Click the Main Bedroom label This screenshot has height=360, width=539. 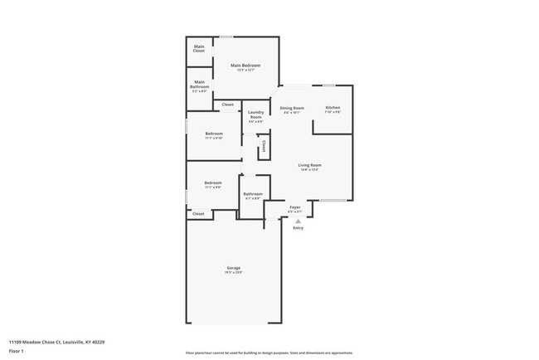[x=245, y=66]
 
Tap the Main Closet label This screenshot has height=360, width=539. [x=199, y=48]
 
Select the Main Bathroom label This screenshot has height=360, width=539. [x=200, y=85]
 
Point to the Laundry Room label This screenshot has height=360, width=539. [x=255, y=114]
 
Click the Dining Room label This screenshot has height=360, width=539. [x=292, y=109]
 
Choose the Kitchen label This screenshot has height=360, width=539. [x=333, y=109]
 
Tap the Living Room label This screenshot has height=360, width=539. [x=310, y=165]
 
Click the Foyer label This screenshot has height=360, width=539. [x=294, y=207]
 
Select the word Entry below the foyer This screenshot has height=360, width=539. [x=298, y=228]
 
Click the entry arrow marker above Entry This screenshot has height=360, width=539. [x=296, y=221]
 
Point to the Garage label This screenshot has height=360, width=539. [x=234, y=268]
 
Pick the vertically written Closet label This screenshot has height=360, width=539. [x=264, y=147]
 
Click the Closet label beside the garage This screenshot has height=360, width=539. [x=198, y=214]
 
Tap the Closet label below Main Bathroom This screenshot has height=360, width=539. [x=227, y=105]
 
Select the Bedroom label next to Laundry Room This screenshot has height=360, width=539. [x=214, y=134]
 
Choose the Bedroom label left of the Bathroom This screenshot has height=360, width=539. [x=214, y=182]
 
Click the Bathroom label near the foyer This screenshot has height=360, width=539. [x=252, y=194]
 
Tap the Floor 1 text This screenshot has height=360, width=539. [x=17, y=352]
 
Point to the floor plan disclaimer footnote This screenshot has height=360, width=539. [x=269, y=352]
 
